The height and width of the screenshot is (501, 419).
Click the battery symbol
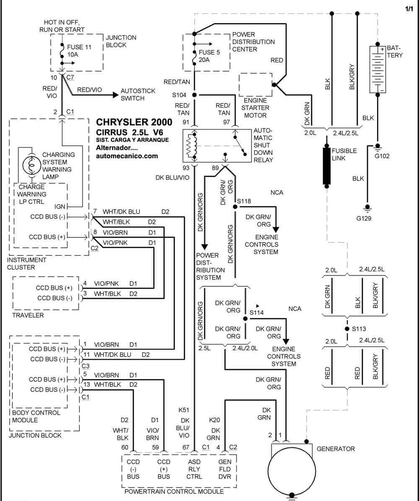pos(378,69)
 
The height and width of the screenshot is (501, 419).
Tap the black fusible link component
pos(326,166)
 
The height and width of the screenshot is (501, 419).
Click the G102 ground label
pos(382,156)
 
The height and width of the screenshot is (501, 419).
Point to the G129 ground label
pos(364,218)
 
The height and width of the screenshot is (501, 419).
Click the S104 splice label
pos(179,95)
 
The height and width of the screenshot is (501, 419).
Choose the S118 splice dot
pos(235,207)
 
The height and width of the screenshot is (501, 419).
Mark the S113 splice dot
pos(347,329)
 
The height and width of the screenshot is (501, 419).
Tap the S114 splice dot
pos(245,319)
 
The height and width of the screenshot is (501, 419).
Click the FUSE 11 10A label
pos(79,51)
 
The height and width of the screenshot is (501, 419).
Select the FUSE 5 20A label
pos(209,56)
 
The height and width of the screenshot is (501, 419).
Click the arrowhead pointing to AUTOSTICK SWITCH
pos(116,95)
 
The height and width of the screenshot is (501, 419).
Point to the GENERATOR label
pos(336,449)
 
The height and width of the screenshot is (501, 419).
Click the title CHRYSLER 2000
pos(134,122)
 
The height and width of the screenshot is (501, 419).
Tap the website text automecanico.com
pos(127,156)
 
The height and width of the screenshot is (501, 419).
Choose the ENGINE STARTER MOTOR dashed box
pos(256,85)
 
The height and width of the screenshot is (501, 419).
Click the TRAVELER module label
pos(28,315)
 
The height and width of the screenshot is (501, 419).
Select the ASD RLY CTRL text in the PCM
pos(194,469)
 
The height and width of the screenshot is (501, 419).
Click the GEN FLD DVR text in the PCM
pos(225,469)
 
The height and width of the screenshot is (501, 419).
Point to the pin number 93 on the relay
pos(186,168)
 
